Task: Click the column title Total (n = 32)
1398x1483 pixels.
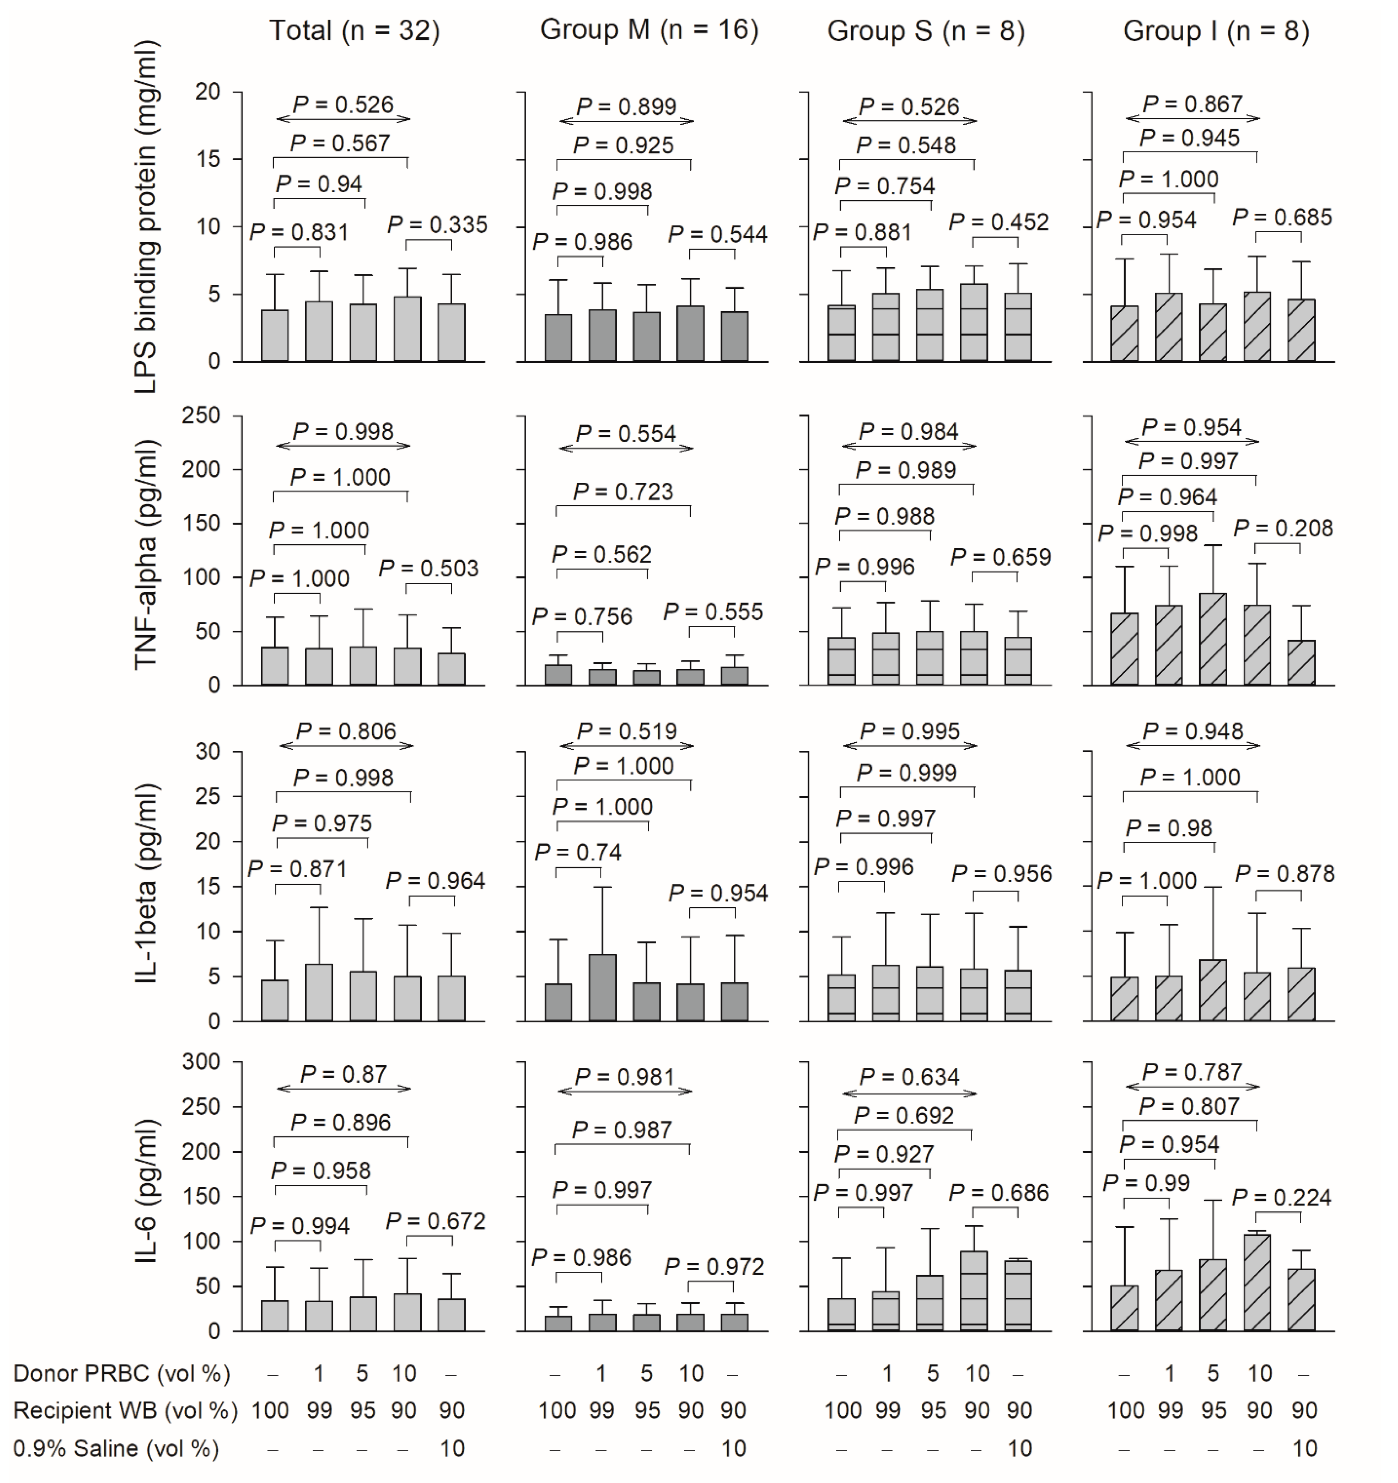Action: point(354,31)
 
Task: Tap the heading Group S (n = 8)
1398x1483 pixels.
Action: point(926,31)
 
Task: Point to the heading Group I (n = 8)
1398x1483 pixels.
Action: point(1216,31)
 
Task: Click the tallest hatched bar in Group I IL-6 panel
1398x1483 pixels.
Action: point(1257,1281)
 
